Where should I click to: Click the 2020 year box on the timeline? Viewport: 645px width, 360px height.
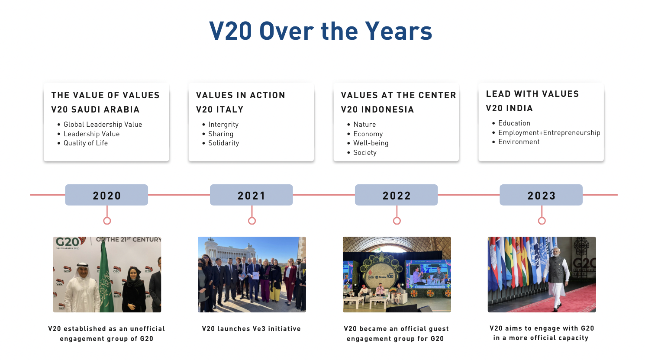click(106, 195)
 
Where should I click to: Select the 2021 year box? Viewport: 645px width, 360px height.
click(252, 195)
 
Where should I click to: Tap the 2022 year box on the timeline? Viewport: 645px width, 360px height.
click(396, 195)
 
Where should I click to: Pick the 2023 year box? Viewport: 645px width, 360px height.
click(541, 195)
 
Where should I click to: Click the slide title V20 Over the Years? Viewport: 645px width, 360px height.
click(320, 31)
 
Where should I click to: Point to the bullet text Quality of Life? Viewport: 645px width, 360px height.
click(86, 143)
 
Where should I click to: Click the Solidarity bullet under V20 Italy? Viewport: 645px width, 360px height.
click(224, 143)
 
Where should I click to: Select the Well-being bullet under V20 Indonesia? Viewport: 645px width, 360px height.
click(371, 143)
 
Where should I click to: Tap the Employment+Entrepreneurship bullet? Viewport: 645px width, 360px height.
click(549, 133)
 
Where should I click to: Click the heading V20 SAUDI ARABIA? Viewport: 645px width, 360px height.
click(95, 109)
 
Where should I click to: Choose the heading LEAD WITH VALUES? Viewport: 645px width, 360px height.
click(532, 94)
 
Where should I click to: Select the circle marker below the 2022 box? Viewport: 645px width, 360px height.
click(397, 221)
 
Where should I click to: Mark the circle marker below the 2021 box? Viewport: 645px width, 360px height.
click(252, 221)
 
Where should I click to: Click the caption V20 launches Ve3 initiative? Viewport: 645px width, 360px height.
click(252, 329)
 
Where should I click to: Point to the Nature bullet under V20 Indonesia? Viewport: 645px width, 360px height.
click(364, 124)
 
